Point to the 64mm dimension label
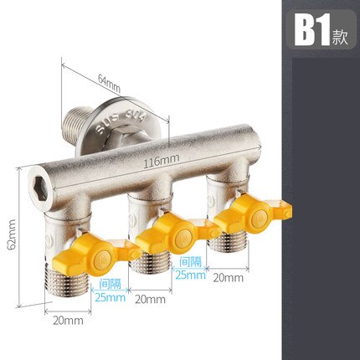point(109,82)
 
